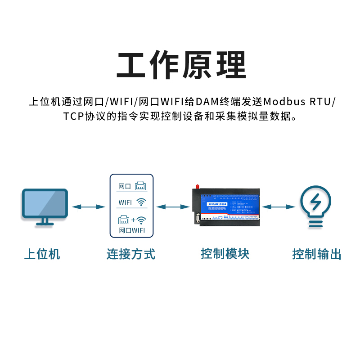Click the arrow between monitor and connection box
click(x=88, y=207)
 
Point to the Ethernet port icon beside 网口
click(x=141, y=185)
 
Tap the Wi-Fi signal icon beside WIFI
click(x=142, y=202)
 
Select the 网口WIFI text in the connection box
click(x=131, y=231)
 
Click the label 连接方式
click(x=131, y=254)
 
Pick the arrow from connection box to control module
click(x=173, y=207)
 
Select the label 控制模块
click(x=225, y=254)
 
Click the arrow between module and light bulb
click(x=279, y=207)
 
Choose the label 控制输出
click(x=317, y=254)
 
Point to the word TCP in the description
click(x=73, y=116)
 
